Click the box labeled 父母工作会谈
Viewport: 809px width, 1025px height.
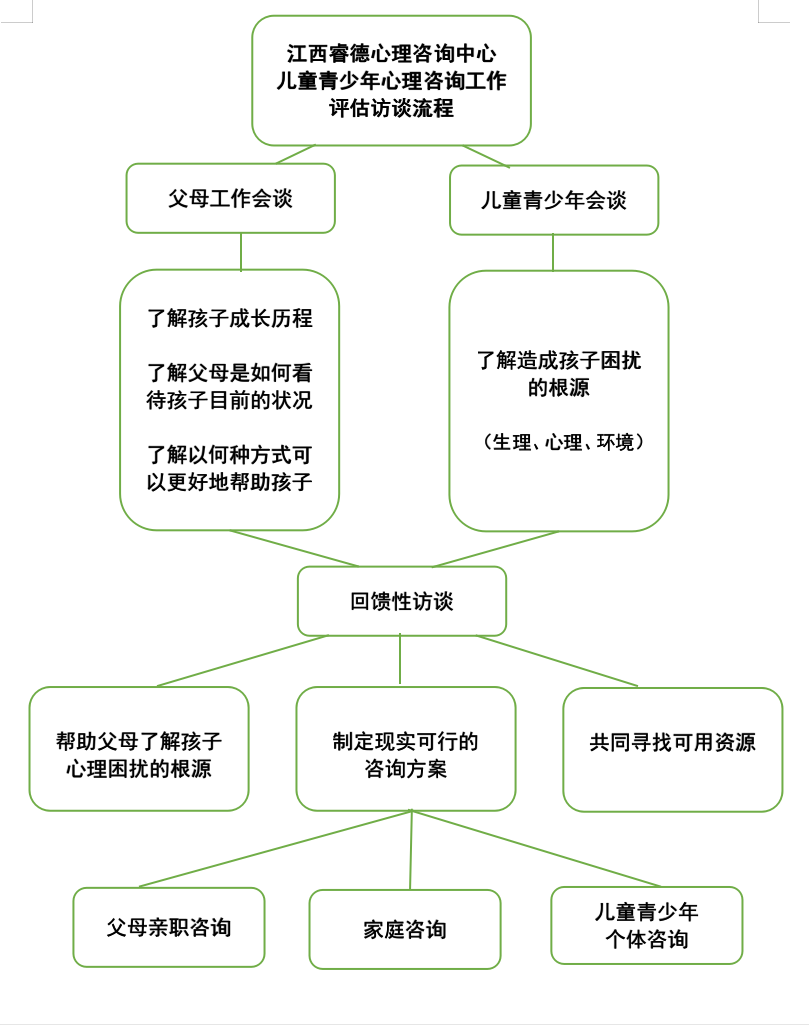point(230,198)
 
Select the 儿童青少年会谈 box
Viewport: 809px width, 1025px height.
point(553,200)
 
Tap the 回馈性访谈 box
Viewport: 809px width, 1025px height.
point(401,601)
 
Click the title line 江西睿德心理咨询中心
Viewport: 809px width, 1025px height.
point(391,53)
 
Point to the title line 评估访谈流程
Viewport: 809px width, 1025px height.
point(391,108)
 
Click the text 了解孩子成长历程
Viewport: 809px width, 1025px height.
point(230,318)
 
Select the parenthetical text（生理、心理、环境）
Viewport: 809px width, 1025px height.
point(560,441)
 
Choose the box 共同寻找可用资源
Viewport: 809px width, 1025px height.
point(672,742)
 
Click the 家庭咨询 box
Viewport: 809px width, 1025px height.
point(404,929)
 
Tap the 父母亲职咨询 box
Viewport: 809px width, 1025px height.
point(168,927)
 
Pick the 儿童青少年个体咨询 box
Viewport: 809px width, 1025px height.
point(646,925)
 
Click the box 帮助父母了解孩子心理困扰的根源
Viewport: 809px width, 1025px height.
point(138,755)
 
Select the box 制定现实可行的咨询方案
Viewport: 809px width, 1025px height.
point(405,755)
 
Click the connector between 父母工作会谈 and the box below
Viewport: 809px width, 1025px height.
point(241,251)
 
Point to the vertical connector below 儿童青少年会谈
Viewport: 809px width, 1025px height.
point(553,252)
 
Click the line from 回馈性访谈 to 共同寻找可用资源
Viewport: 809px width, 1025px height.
point(558,661)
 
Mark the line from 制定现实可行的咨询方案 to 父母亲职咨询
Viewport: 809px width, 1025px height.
point(275,849)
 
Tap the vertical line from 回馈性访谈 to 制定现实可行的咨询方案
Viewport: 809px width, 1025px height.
point(400,660)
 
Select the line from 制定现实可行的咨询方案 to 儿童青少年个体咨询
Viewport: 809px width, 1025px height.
point(537,848)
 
